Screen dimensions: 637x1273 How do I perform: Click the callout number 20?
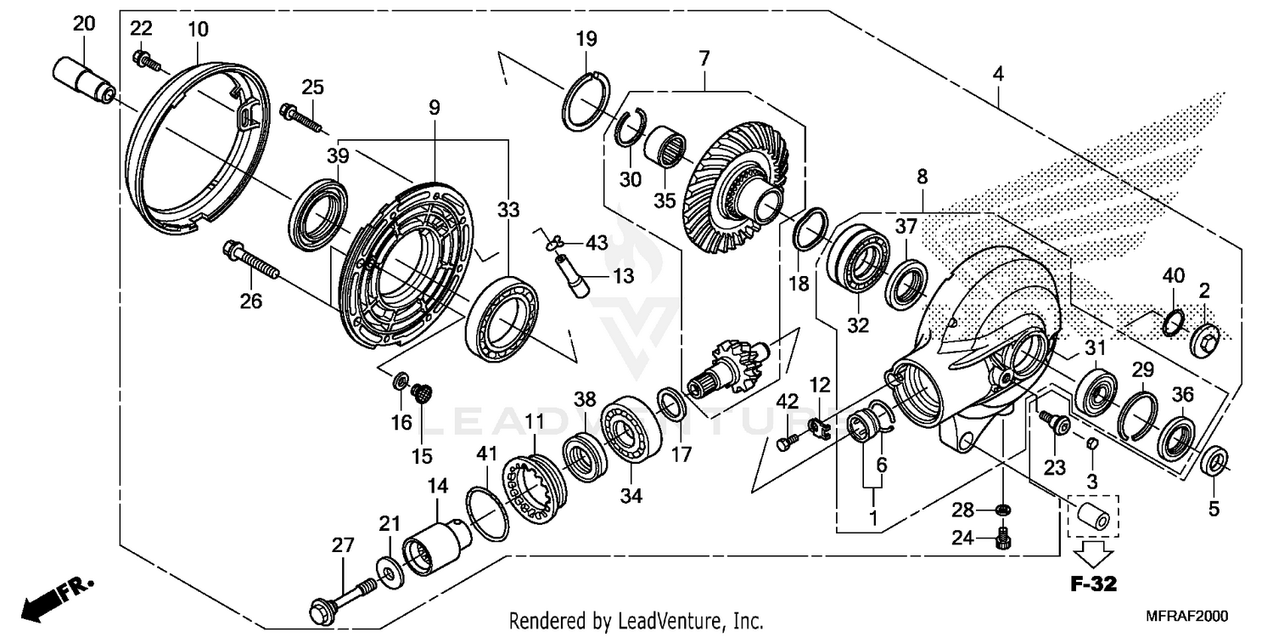[84, 23]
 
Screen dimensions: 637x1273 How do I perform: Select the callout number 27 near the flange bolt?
[342, 545]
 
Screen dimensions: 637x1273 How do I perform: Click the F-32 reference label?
[1093, 584]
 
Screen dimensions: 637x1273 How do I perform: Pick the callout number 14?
[436, 487]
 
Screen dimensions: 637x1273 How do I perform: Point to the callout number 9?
[434, 108]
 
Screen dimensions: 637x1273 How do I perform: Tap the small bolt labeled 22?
[142, 59]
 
